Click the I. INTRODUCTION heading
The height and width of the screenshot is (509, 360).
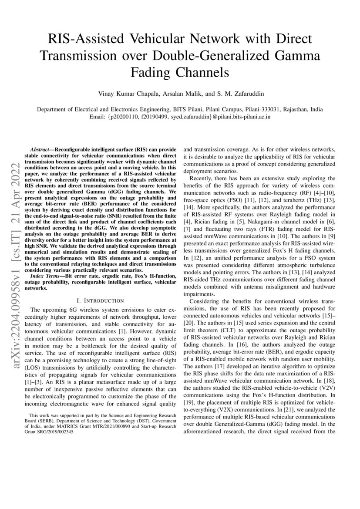100,300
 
